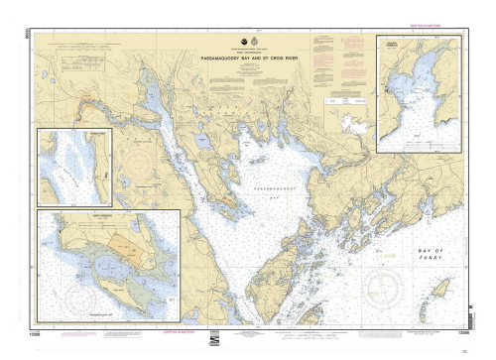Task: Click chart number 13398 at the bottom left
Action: [x=48, y=337]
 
